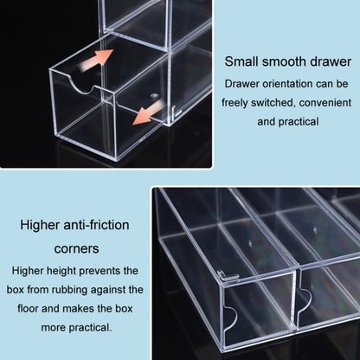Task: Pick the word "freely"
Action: click(235, 103)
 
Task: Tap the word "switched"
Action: click(273, 103)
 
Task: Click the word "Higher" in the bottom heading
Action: click(40, 225)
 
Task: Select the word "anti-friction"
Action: click(96, 225)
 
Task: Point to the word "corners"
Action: click(76, 248)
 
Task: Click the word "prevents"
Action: click(97, 271)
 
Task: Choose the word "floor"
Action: click(28, 308)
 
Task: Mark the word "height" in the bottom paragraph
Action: click(61, 271)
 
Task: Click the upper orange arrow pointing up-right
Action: click(95, 61)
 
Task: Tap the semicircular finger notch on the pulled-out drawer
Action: click(82, 87)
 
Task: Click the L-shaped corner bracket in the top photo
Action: click(175, 112)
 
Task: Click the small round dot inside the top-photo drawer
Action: click(155, 95)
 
